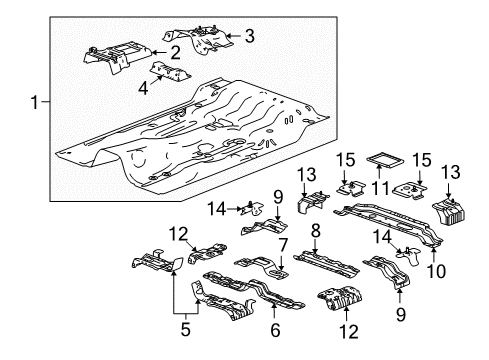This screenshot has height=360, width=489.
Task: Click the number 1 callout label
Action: [x=36, y=102]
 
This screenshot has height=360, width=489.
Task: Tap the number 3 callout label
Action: [x=249, y=36]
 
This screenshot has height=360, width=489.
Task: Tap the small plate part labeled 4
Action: [x=170, y=74]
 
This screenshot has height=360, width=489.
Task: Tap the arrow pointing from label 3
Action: [x=234, y=36]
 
